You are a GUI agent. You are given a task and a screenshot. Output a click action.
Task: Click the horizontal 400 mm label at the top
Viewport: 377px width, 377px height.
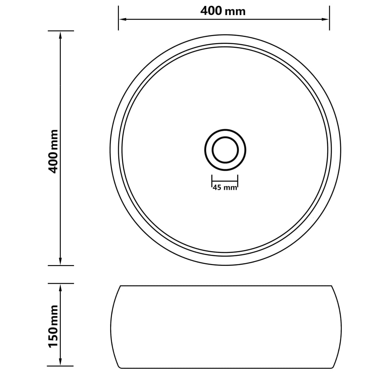223,11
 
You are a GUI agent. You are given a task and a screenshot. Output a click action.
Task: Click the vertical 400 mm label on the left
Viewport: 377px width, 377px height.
54,151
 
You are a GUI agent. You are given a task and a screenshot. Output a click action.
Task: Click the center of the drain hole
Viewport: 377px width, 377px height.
225,150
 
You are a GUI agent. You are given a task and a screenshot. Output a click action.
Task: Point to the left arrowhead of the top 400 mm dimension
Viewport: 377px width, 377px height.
122,19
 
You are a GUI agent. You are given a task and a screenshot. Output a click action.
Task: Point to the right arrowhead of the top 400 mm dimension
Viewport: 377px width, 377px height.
326,19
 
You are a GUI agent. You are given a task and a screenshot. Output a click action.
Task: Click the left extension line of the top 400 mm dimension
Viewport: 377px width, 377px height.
118,18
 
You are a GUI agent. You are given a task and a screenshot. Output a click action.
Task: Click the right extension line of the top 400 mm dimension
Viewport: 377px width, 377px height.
329,18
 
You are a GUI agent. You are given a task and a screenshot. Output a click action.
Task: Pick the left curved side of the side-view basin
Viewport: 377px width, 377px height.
111,327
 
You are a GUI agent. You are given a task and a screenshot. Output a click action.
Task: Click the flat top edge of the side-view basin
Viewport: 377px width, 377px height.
225,286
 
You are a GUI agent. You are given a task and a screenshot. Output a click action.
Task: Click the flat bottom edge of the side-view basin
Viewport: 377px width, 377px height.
225,368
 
